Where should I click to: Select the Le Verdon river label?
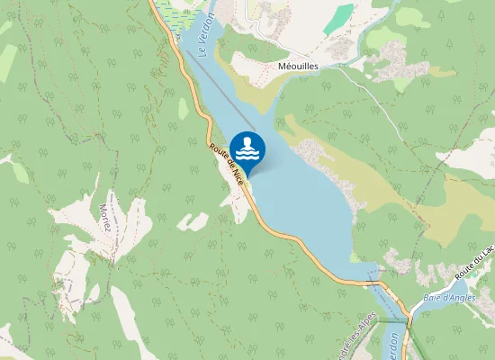206,37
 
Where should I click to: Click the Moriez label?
103,216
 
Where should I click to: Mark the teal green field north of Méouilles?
339,18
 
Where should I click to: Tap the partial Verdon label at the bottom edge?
393,346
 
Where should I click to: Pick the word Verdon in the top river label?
208,29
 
